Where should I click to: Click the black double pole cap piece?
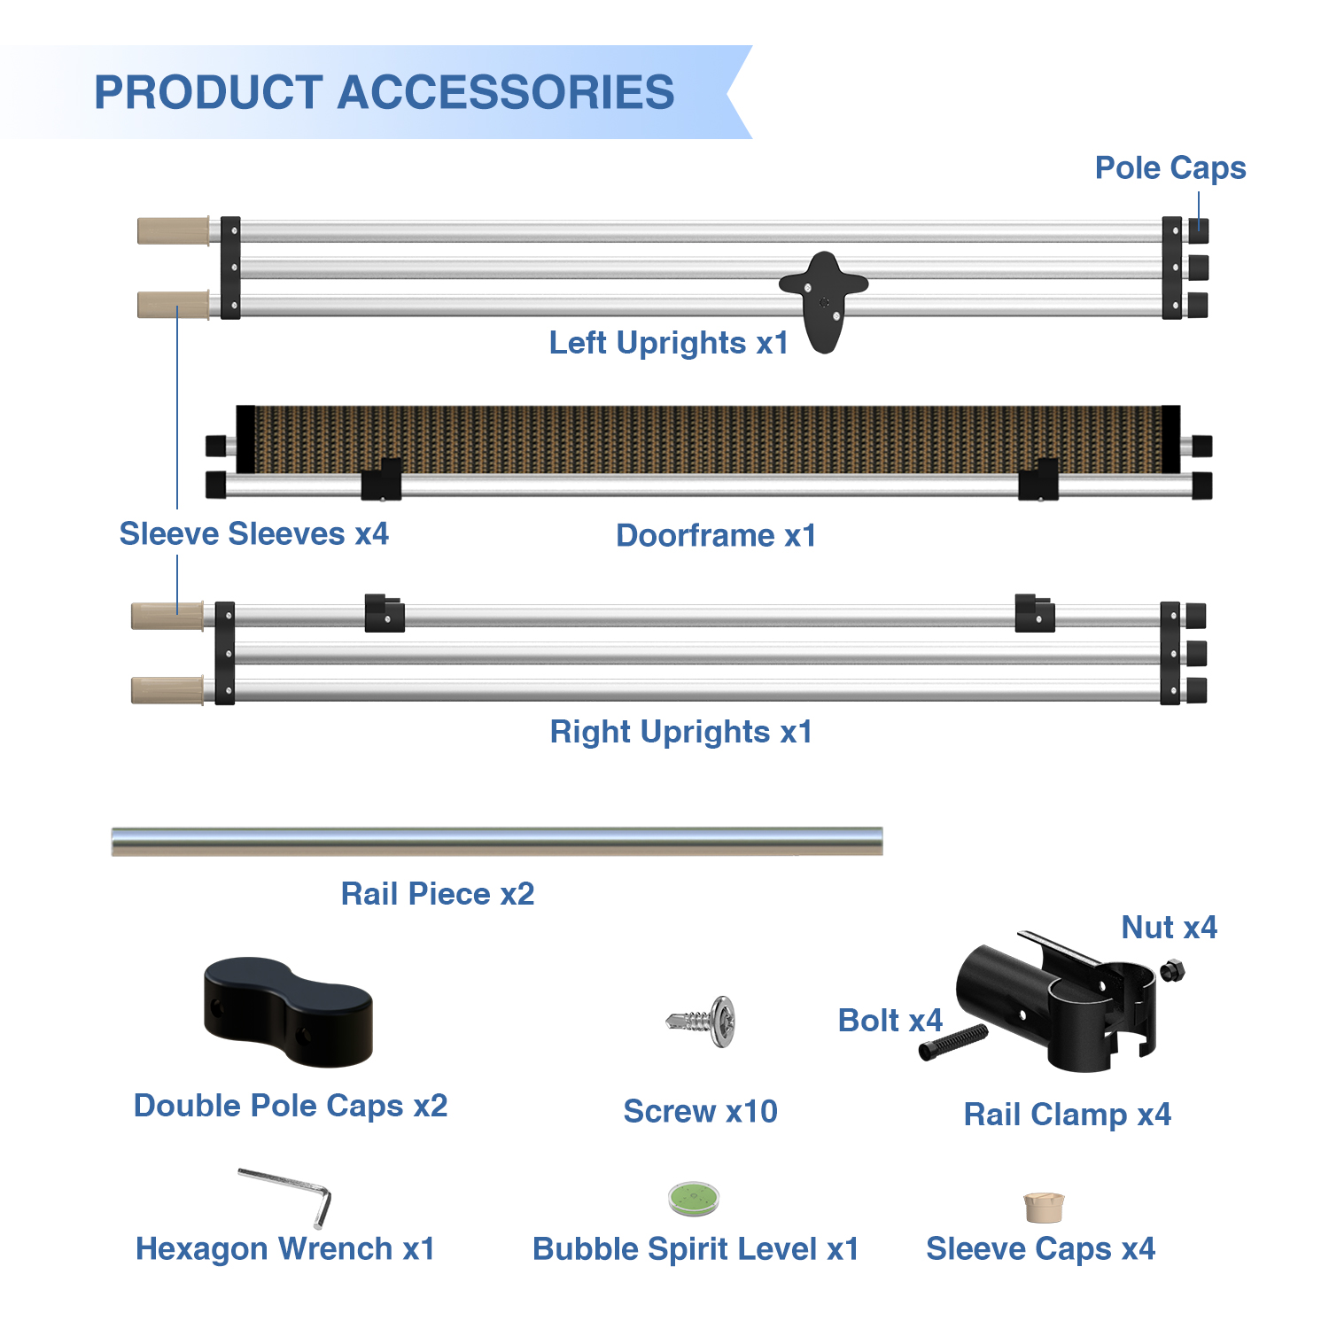(288, 1012)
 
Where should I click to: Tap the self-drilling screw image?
(703, 1022)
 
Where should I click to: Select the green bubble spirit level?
(694, 1199)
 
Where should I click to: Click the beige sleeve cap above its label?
(1044, 1208)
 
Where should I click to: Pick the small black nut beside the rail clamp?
(1172, 970)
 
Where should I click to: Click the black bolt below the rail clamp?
(952, 1042)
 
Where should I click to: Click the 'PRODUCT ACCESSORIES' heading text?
(384, 92)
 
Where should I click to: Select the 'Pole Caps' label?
(1170, 167)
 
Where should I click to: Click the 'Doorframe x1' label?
(716, 535)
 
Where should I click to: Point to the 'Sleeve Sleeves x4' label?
(253, 533)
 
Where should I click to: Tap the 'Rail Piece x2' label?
(438, 893)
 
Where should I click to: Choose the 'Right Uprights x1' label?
(680, 732)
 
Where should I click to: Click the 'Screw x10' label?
(700, 1111)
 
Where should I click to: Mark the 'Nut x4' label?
(1169, 927)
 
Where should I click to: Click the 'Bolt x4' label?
(890, 1020)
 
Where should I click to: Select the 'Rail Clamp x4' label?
(1067, 1114)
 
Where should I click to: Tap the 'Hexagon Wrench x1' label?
(285, 1248)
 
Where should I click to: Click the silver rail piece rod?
(496, 841)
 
